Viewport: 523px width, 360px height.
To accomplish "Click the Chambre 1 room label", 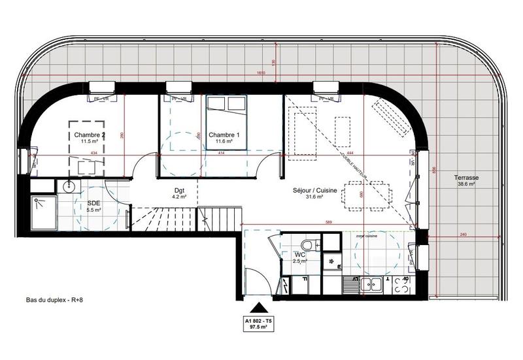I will pyautogui.click(x=224, y=135).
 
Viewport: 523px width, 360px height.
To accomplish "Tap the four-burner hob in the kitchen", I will pyautogui.click(x=400, y=284).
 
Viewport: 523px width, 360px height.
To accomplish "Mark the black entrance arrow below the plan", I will pyautogui.click(x=260, y=308).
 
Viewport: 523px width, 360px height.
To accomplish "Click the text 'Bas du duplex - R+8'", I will pyautogui.click(x=54, y=301).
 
